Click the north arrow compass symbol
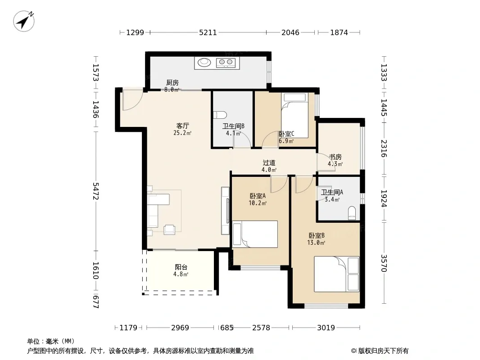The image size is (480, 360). [24, 21]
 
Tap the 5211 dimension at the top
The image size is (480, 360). [208, 32]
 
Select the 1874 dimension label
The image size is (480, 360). [339, 32]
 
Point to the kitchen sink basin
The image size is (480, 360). [204, 63]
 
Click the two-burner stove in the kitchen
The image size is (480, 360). [226, 63]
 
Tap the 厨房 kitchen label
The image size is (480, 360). [172, 83]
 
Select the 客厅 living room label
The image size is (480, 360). [182, 126]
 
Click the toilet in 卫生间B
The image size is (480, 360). [220, 115]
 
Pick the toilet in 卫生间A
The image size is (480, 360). [352, 213]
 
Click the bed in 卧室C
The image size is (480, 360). [294, 115]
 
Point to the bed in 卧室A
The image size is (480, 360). [255, 234]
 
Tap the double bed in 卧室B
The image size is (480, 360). [337, 274]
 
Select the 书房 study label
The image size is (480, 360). [335, 157]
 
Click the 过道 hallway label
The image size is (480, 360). [269, 163]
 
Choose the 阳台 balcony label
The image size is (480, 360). [181, 267]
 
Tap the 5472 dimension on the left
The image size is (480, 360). [96, 191]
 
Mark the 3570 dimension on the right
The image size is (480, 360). [384, 263]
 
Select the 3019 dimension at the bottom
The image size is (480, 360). [326, 328]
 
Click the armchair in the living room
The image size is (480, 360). [169, 229]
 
